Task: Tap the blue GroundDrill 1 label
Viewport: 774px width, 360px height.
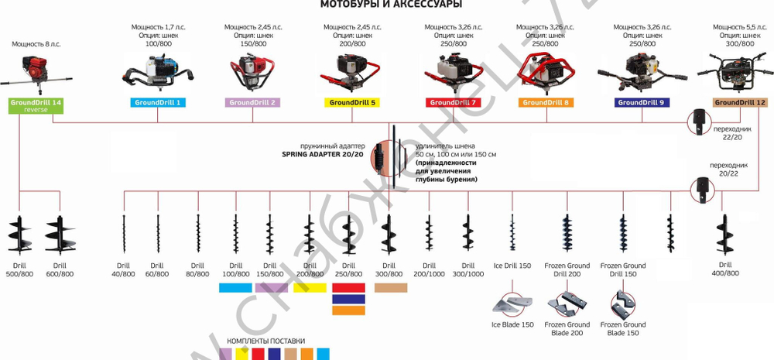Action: [157, 102]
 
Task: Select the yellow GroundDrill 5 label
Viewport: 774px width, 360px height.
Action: [352, 102]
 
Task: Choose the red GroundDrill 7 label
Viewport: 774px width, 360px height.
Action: [453, 102]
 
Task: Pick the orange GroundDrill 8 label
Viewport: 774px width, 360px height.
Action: [546, 102]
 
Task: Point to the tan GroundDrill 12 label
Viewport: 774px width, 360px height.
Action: [740, 102]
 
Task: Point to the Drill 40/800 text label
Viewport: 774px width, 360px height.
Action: [123, 269]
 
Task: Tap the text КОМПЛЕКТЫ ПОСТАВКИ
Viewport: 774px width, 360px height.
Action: [265, 341]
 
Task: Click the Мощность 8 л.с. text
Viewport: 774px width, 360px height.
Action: [36, 44]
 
